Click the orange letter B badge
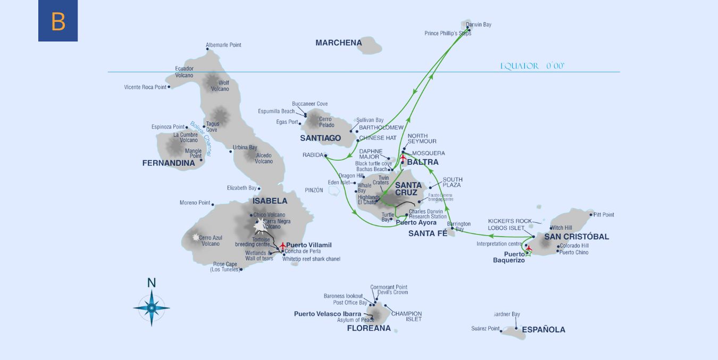58,21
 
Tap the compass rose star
152,307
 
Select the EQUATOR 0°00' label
532,66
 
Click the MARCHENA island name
338,43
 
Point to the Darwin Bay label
478,24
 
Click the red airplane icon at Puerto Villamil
282,245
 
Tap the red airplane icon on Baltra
403,158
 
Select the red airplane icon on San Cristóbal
528,248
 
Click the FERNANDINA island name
169,163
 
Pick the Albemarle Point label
223,45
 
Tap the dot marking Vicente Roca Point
169,87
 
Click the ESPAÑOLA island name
543,330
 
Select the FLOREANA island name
369,329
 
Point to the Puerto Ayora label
416,223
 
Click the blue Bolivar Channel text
201,139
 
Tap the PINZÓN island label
313,190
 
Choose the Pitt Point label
603,215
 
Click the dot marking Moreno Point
213,204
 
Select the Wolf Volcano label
223,86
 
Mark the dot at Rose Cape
241,270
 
